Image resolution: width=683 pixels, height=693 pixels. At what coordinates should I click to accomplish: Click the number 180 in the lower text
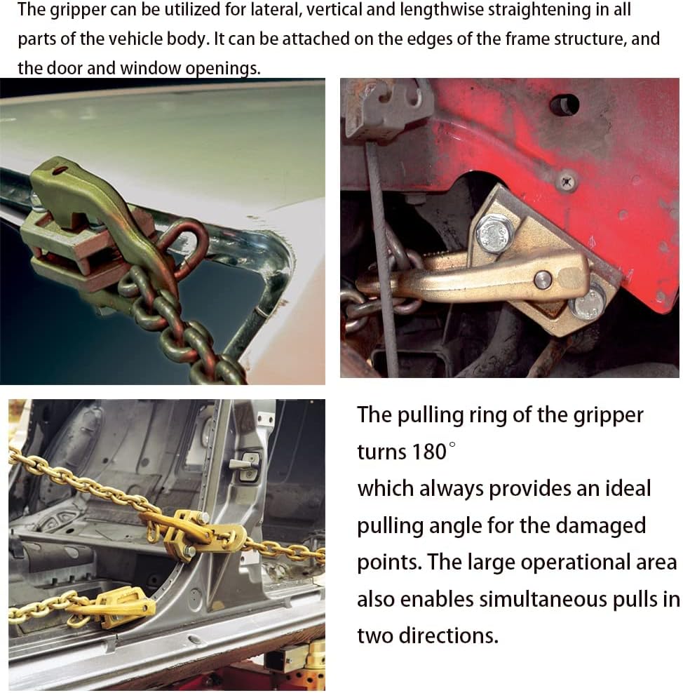[x=429, y=452]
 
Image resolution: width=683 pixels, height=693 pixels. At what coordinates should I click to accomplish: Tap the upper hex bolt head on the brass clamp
[x=496, y=233]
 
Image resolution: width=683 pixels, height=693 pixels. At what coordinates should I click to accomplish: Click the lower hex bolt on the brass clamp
[x=588, y=303]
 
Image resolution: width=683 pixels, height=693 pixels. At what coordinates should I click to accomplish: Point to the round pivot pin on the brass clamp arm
[x=543, y=279]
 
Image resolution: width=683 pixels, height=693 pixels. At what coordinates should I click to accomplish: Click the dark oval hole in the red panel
[x=564, y=105]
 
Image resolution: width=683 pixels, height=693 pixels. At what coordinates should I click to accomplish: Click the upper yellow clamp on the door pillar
[x=194, y=532]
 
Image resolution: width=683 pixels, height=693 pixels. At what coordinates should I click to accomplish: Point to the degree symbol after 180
[x=452, y=445]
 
